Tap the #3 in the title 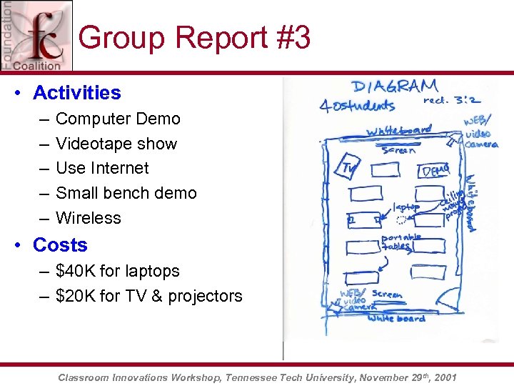(x=291, y=37)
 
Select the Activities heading (x=76, y=93)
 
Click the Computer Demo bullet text (x=118, y=119)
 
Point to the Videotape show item (x=116, y=144)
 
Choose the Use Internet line (x=102, y=168)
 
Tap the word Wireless (x=88, y=218)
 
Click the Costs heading (x=60, y=245)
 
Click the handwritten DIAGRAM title (x=394, y=88)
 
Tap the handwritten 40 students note (x=357, y=106)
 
